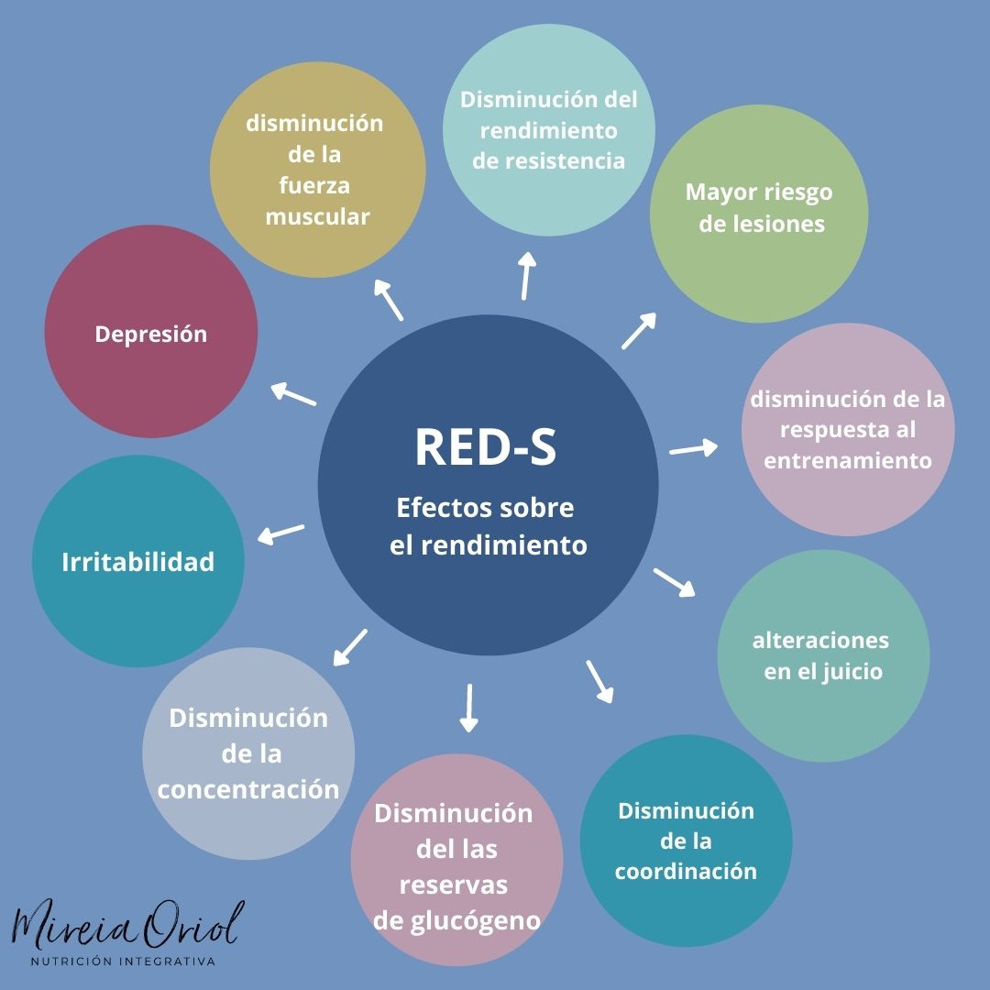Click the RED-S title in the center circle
coord(486,446)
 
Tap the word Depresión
coord(151,334)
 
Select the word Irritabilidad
coord(137,562)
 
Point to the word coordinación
coord(686,871)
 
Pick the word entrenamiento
coord(848,460)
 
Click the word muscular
coord(317,217)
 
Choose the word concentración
coord(248,789)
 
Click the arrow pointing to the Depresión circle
coord(293,394)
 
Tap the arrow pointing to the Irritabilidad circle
coord(280,533)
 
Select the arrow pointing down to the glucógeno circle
coord(468,708)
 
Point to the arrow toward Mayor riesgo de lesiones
coord(639,331)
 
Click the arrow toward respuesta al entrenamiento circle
coord(694,448)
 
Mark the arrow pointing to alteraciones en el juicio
coord(674,582)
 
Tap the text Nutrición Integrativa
coord(123,962)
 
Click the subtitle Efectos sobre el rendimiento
coord(486,526)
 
